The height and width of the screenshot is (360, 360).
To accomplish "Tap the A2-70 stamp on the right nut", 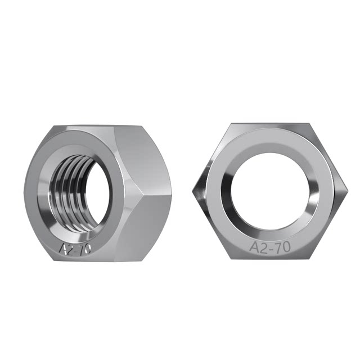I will (x=269, y=247).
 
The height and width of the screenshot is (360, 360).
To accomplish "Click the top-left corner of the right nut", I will (x=231, y=124).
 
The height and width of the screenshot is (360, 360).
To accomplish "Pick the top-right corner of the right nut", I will (x=309, y=124).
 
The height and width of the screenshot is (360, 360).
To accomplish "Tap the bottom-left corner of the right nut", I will (x=231, y=258).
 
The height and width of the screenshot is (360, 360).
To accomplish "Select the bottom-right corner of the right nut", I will (x=309, y=258).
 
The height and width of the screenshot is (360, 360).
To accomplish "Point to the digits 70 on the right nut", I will (x=281, y=247).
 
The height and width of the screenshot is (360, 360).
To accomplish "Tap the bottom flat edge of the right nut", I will (x=270, y=258).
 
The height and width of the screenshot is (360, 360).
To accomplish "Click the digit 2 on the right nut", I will (x=263, y=247).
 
